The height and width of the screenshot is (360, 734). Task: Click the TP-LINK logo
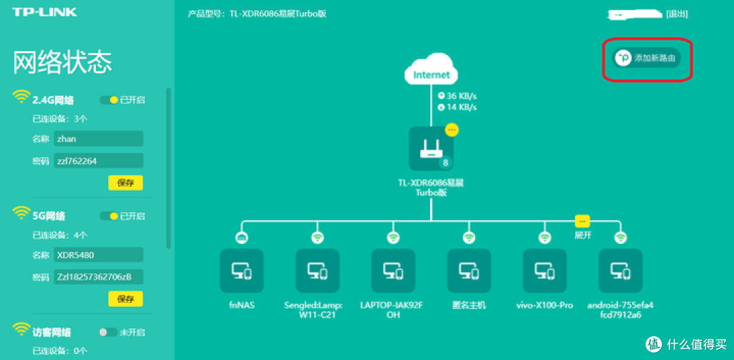click(x=44, y=12)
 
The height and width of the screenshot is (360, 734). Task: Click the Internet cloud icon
click(x=431, y=74)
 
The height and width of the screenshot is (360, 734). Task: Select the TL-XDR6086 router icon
click(x=430, y=149)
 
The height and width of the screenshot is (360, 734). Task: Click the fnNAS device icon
click(x=241, y=270)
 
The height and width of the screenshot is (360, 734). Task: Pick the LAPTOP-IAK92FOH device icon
click(x=392, y=270)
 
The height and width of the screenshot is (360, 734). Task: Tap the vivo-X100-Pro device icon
click(x=544, y=270)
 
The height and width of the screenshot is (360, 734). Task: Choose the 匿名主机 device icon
click(x=468, y=270)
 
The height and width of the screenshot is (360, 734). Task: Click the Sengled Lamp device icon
click(x=317, y=270)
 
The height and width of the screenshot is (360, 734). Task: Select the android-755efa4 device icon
click(x=620, y=270)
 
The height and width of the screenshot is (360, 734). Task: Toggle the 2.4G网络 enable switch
click(x=109, y=100)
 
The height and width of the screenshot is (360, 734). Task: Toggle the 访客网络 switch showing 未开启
click(x=108, y=332)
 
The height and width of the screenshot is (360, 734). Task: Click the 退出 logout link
click(x=677, y=14)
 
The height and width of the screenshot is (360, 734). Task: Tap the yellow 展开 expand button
click(x=582, y=221)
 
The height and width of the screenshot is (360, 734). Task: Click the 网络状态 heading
click(x=62, y=62)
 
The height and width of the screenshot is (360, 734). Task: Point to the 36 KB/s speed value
click(x=461, y=96)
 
